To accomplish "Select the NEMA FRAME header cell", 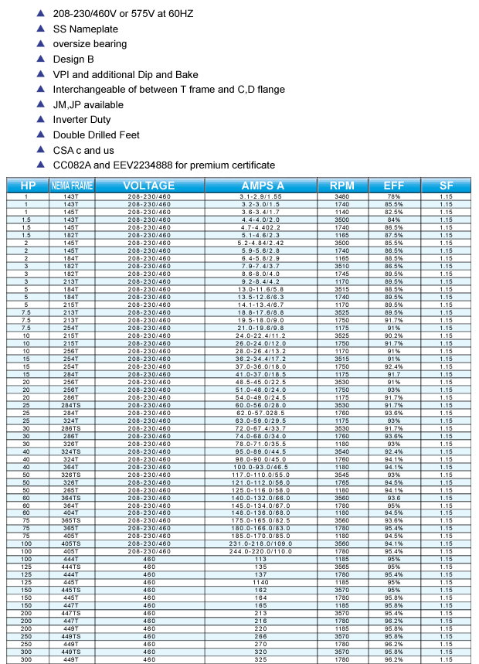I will (x=70, y=186).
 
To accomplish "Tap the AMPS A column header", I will (x=262, y=186).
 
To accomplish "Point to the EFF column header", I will (x=393, y=186).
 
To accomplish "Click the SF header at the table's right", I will (x=446, y=186).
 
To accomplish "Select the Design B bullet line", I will (x=73, y=59).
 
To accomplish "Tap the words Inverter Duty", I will (x=81, y=120).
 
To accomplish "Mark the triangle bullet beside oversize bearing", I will (x=40, y=44).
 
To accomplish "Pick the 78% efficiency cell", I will (x=393, y=197).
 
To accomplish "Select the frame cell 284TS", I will (x=71, y=404).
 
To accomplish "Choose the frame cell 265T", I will (x=71, y=490).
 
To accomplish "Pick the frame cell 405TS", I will (x=71, y=543).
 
